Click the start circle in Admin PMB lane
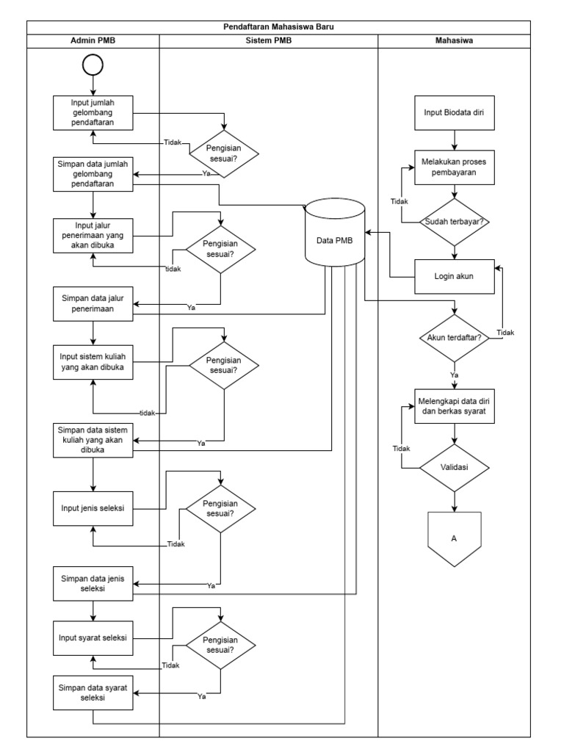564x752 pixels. pos(93,65)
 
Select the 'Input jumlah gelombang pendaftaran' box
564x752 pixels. pos(93,113)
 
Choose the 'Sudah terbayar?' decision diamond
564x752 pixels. pos(455,221)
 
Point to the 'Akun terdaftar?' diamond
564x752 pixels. pos(454,338)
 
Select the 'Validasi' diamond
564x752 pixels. pos(455,466)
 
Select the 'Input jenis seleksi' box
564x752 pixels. pos(93,508)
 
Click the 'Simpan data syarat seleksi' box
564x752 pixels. pos(93,692)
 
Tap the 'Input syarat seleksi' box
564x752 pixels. pos(93,637)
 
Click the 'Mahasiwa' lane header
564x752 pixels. pos(454,41)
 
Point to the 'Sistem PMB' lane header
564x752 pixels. pos(268,41)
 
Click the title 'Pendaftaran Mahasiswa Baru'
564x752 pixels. pos(282,27)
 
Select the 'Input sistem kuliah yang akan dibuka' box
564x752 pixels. pos(93,362)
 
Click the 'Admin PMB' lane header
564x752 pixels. pos(93,41)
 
